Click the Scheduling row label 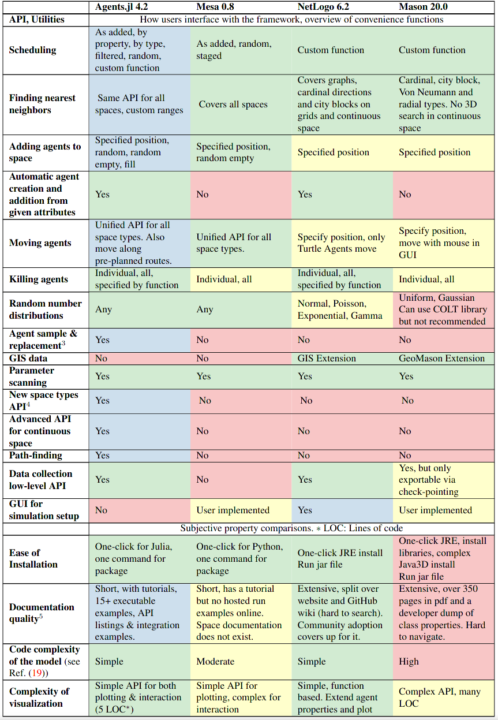click(32, 50)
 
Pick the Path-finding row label click(36, 455)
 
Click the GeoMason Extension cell click(441, 358)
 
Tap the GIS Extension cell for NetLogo click(327, 358)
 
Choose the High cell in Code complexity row click(409, 661)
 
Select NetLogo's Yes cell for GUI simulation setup click(305, 510)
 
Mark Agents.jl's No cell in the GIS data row click(101, 358)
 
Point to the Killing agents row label click(39, 279)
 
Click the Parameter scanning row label click(32, 376)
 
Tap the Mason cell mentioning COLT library click(443, 309)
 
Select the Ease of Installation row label click(33, 558)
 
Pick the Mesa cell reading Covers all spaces click(233, 105)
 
